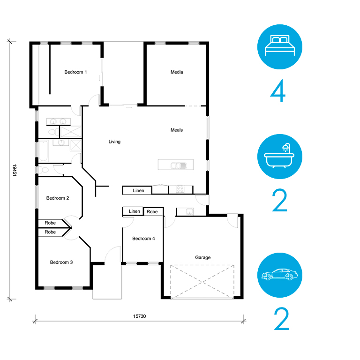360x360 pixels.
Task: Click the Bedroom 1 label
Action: pos(75,72)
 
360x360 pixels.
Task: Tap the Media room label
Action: pos(177,72)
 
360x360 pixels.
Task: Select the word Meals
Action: pos(177,130)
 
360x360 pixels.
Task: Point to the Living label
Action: pos(114,142)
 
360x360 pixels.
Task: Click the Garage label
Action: pos(202,258)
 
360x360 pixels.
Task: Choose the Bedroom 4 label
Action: pos(143,239)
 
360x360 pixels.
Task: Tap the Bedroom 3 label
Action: pos(61,262)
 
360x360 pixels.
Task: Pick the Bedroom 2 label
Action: pos(58,198)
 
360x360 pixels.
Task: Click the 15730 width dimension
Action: pos(140,316)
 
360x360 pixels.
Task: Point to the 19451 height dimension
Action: pos(15,170)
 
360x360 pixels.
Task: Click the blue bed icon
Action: pos(280,47)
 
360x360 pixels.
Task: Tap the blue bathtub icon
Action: pos(280,157)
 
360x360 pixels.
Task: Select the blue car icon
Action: pos(280,275)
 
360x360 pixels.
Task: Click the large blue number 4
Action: pos(278,90)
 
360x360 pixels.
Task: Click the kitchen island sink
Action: pos(179,165)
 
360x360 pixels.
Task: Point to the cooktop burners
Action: pos(180,189)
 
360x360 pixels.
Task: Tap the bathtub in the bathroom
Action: pos(44,151)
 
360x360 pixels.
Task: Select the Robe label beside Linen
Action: pos(152,212)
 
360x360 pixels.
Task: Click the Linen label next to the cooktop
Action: pos(138,191)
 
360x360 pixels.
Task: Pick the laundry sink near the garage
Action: pos(190,211)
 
